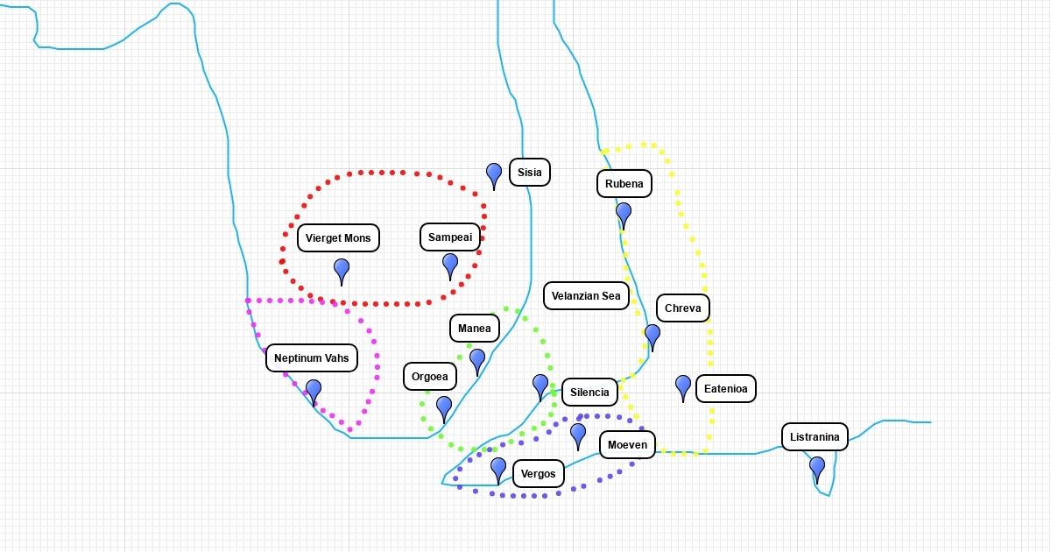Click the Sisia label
(530, 173)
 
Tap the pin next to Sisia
(494, 173)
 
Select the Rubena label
(624, 184)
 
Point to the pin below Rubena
(624, 213)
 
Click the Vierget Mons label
(338, 238)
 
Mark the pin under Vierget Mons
(342, 269)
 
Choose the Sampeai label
(450, 237)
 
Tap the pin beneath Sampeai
(450, 264)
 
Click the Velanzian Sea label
(586, 296)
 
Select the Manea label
(475, 329)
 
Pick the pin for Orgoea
(444, 407)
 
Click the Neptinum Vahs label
(311, 358)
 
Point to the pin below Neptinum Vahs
(314, 390)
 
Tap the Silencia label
(589, 393)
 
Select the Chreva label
(683, 308)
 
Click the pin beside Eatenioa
(683, 386)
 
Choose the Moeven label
(627, 445)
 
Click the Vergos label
(539, 474)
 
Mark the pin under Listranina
(817, 467)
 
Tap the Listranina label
(815, 437)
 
